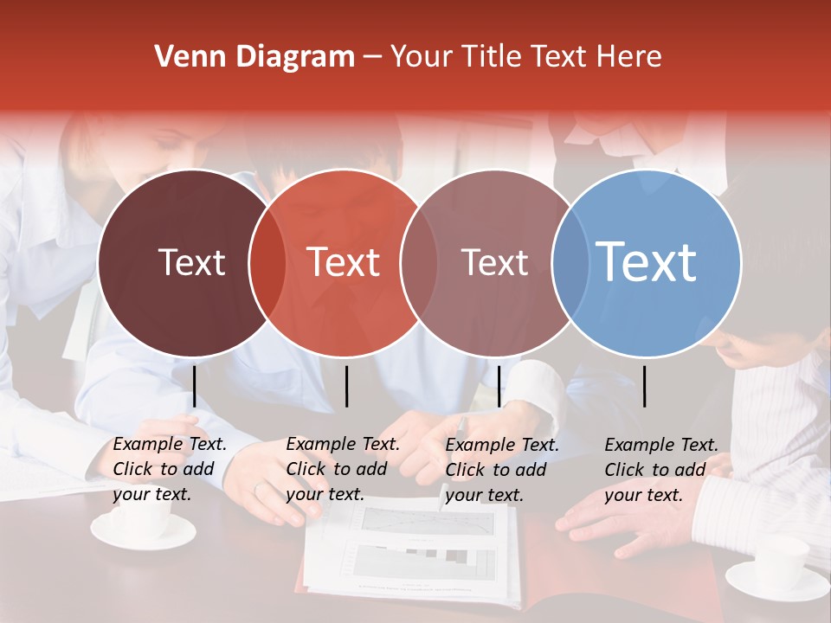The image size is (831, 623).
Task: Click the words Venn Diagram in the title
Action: pos(254,57)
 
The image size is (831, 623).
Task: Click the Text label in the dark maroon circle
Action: pos(191,262)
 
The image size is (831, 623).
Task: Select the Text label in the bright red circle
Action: pos(343,262)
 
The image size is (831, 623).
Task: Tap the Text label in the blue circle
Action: pos(646,261)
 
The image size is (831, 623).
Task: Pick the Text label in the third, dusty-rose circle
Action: pos(494,262)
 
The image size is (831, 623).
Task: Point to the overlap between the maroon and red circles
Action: pos(267,263)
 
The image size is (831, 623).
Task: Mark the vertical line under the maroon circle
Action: pos(194,386)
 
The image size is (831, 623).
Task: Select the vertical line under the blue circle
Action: pos(645,386)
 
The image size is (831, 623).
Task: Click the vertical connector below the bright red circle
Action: pos(346,386)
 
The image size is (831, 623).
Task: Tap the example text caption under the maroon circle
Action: pos(169,469)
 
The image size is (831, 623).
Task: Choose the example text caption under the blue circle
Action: pos(660,469)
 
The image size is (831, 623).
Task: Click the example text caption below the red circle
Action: pos(342,469)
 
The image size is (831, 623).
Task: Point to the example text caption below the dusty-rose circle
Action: pos(501,469)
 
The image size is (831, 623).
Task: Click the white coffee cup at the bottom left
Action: pos(143,523)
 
